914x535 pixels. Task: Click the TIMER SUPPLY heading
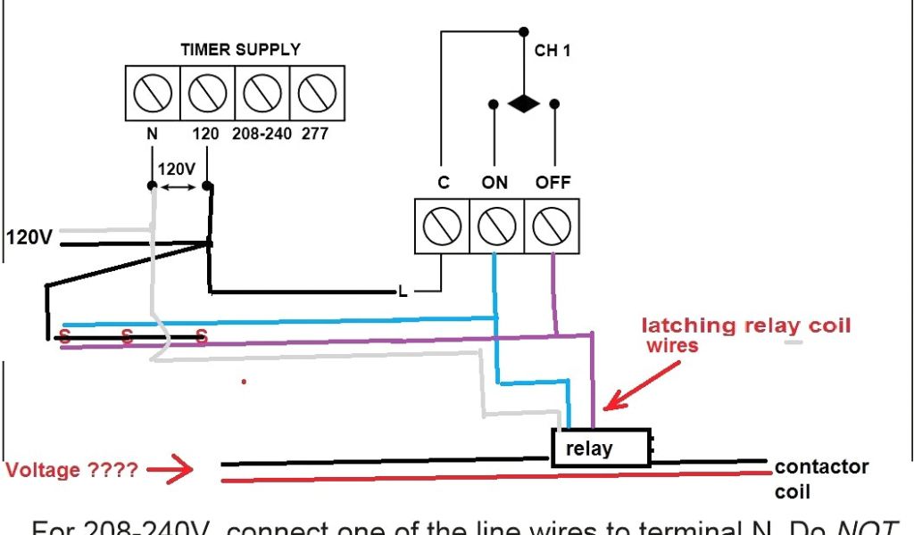point(240,50)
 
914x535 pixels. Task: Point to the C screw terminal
point(442,226)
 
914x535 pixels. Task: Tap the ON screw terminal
point(496,226)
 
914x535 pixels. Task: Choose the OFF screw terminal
point(551,226)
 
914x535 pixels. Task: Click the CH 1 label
point(553,51)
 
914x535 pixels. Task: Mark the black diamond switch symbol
point(523,103)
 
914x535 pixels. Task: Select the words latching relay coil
point(746,325)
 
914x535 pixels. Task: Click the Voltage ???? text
point(72,469)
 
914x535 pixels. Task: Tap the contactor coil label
point(821,479)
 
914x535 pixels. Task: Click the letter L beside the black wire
point(403,291)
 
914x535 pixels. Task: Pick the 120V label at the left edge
point(29,237)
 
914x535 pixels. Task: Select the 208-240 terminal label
point(261,134)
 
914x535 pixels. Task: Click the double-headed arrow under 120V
point(179,186)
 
